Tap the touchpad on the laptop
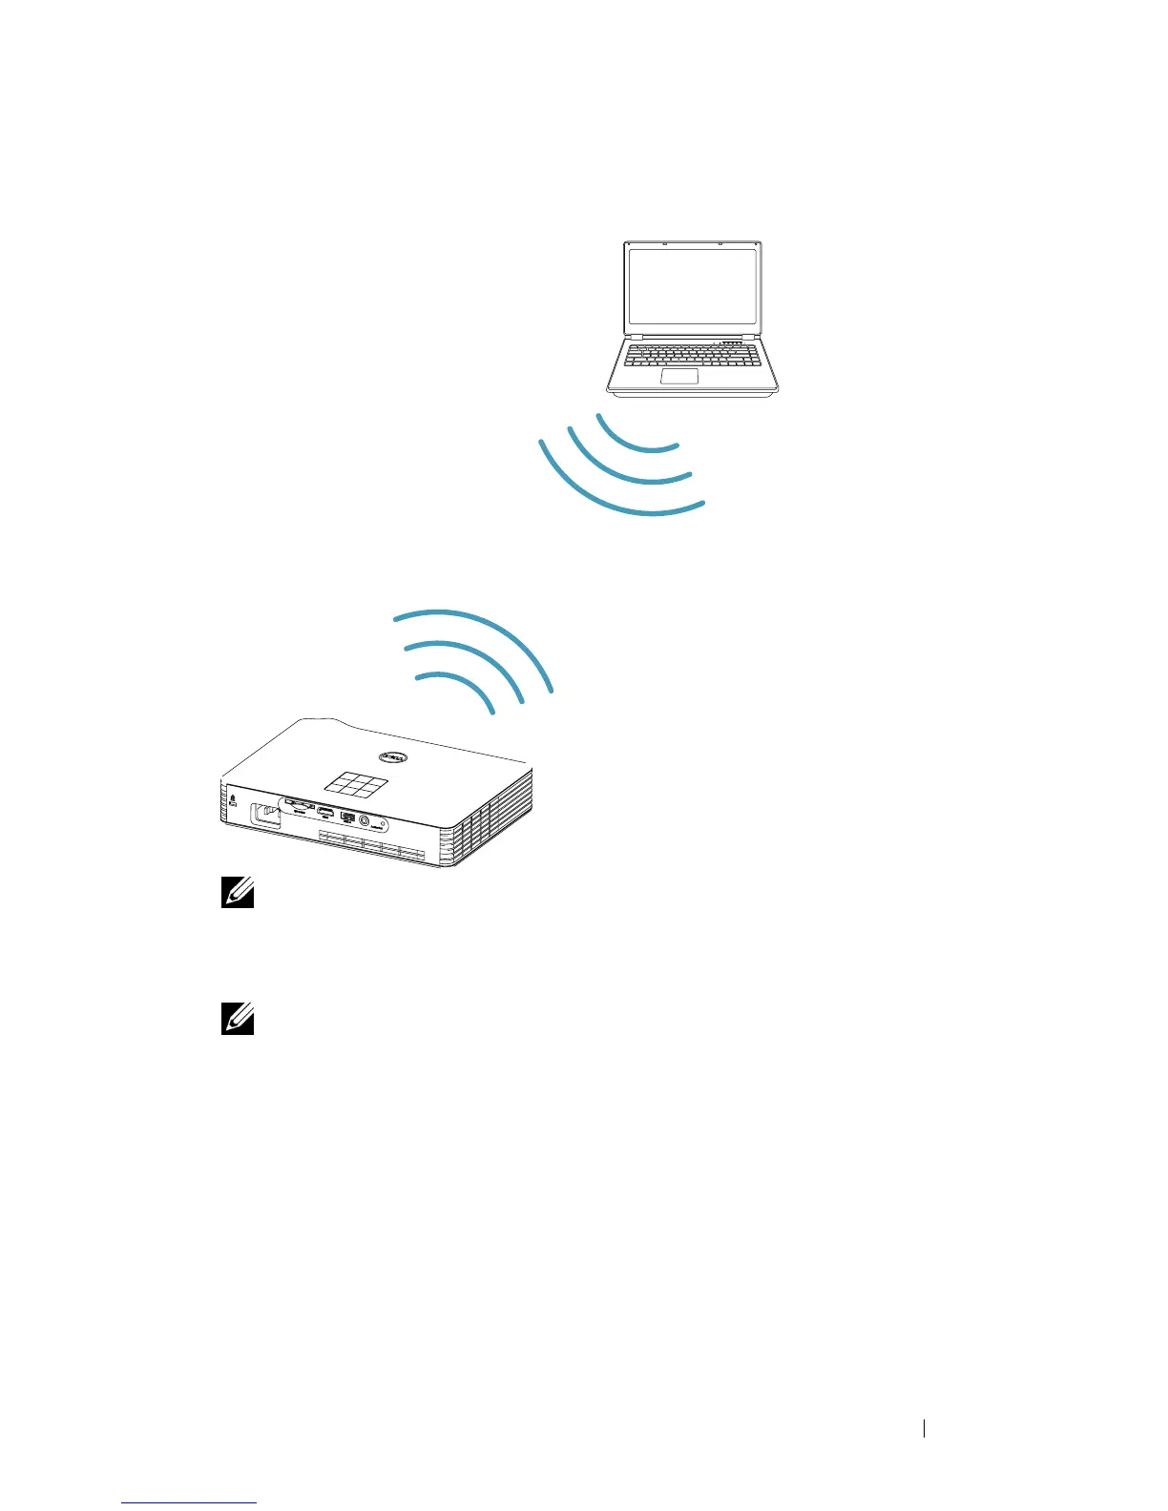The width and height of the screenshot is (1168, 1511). pos(678,374)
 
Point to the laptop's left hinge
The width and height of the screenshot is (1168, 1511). pos(636,338)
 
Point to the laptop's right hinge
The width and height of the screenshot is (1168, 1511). pos(752,338)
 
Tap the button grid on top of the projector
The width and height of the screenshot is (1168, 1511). pos(355,785)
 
